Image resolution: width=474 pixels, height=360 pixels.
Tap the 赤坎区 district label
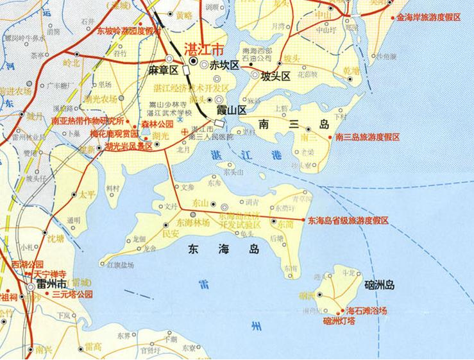(x=224, y=65)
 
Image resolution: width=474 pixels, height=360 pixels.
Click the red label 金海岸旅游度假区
(x=429, y=17)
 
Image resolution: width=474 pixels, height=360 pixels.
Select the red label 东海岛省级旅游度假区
(x=348, y=220)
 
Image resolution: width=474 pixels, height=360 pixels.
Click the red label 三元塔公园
(x=72, y=295)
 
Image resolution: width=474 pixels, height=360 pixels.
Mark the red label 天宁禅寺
(x=45, y=273)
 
